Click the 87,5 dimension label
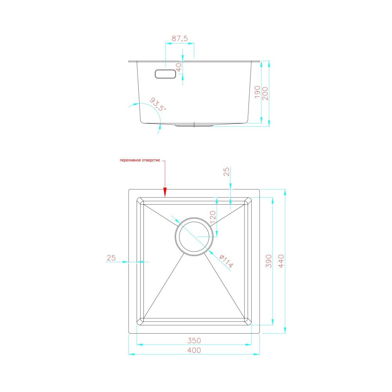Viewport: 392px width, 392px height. pyautogui.click(x=180, y=38)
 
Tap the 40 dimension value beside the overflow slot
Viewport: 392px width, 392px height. pyautogui.click(x=179, y=67)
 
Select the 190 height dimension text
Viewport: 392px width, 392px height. pyautogui.click(x=257, y=92)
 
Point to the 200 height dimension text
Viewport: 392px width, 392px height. pyautogui.click(x=265, y=94)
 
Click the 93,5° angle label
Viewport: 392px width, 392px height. pyautogui.click(x=158, y=104)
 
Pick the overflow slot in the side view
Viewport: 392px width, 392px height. pyautogui.click(x=165, y=74)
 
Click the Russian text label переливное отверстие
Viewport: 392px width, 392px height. pyautogui.click(x=140, y=160)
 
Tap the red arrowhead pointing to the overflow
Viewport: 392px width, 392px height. pyautogui.click(x=165, y=192)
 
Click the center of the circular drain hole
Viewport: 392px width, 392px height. pyautogui.click(x=194, y=236)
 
